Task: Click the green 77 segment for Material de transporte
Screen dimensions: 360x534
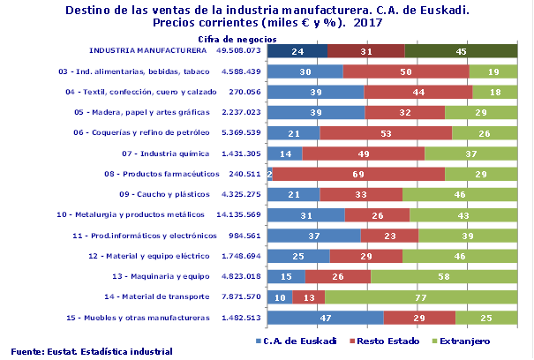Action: point(420,297)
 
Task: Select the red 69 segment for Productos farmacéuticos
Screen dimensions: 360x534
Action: point(358,174)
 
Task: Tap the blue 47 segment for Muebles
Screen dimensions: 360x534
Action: point(325,318)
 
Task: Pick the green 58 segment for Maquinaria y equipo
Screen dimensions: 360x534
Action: point(444,276)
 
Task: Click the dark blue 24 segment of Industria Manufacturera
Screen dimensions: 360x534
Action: point(297,51)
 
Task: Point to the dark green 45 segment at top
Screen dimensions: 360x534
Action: point(461,51)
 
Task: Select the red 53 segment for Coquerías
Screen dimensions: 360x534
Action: point(385,133)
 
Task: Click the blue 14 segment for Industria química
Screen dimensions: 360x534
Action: point(284,154)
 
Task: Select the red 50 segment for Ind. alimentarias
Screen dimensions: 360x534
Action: point(405,71)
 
